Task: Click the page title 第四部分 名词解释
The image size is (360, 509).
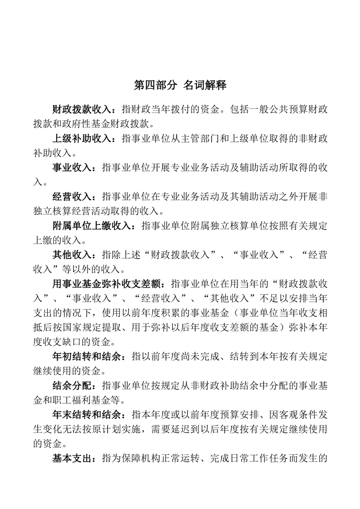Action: coord(180,85)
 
